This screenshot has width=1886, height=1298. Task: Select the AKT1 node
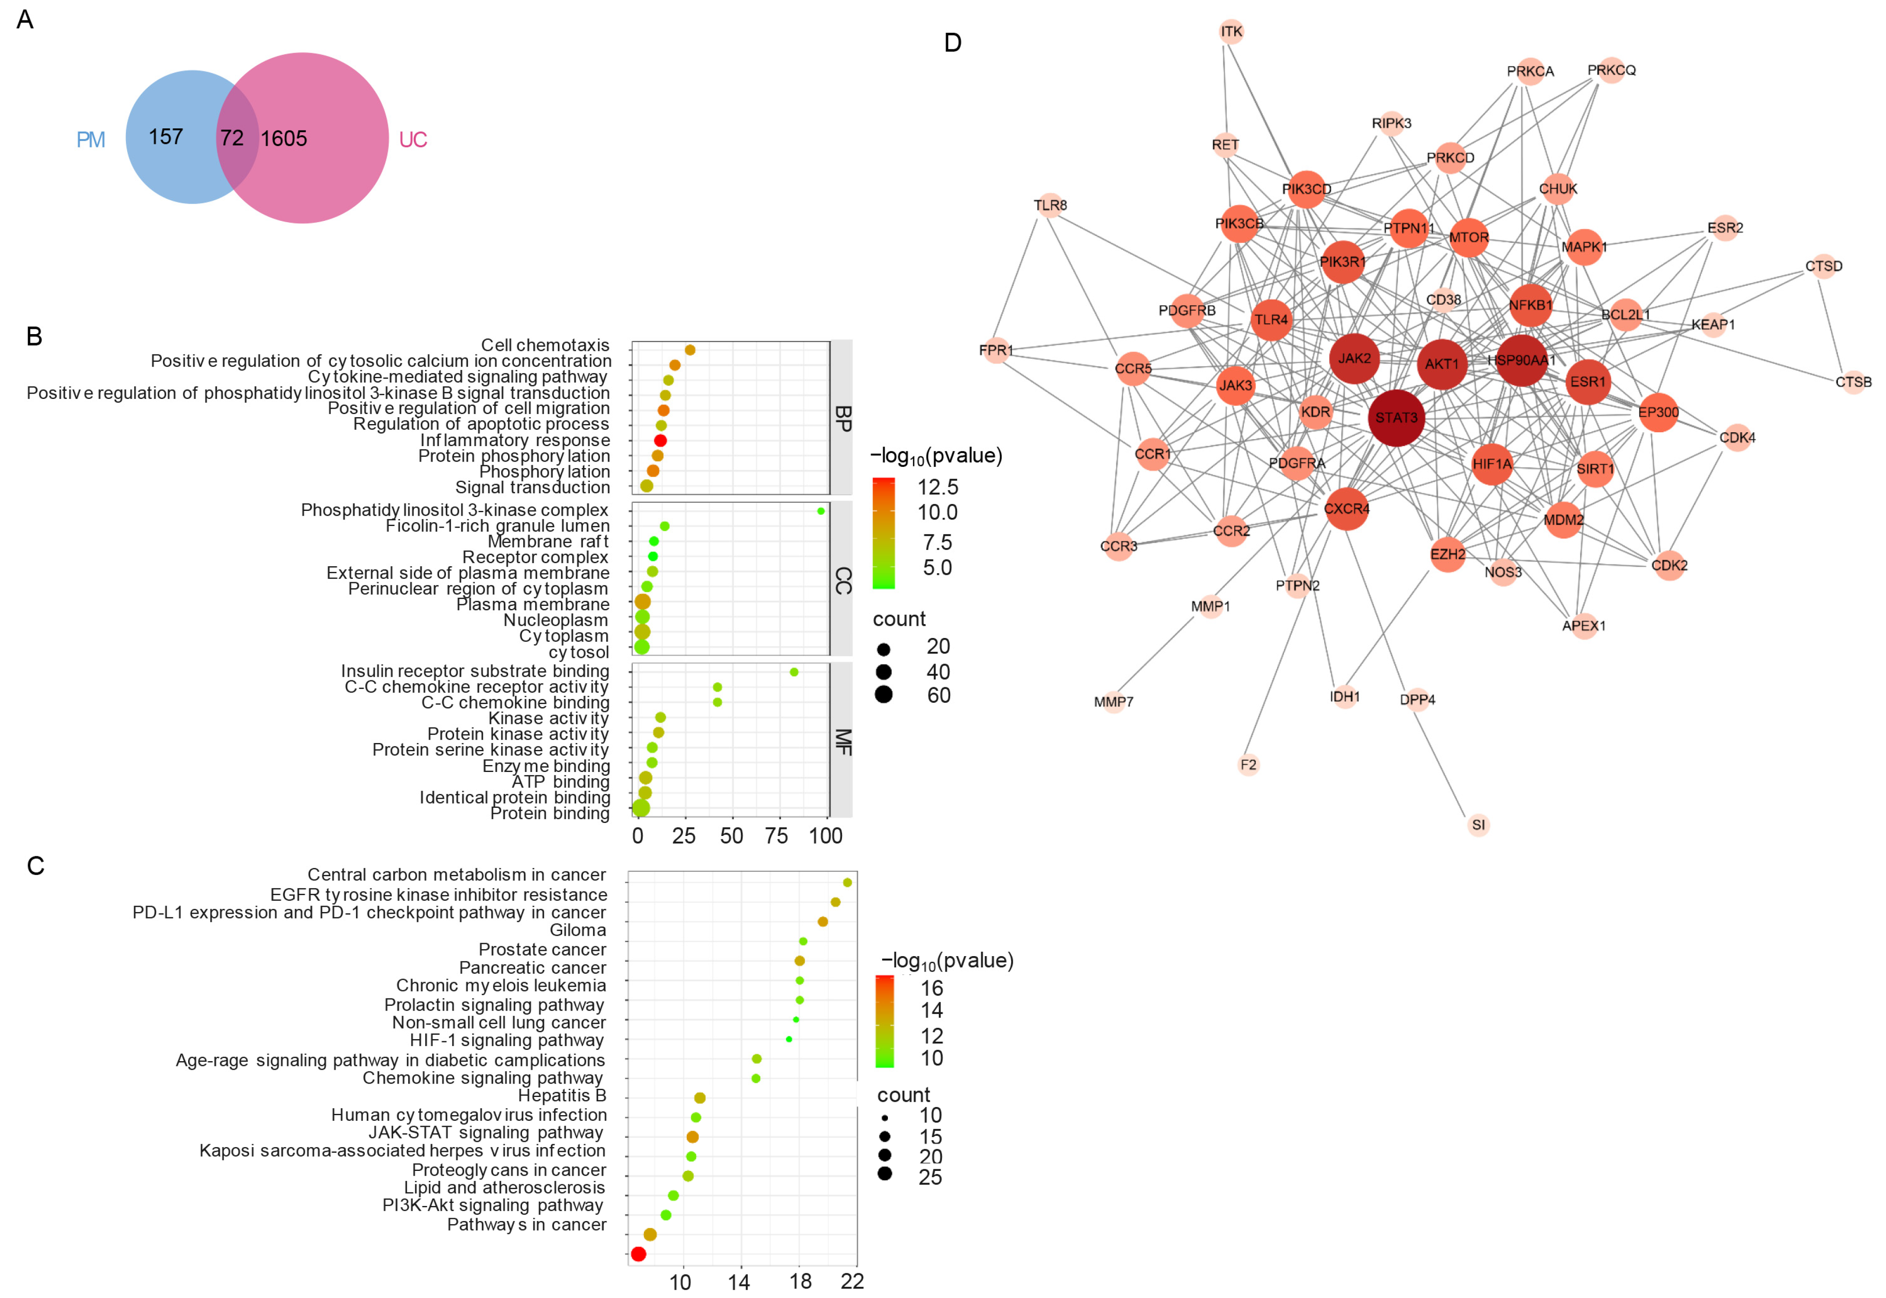coord(1442,364)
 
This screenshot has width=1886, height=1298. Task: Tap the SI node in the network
coord(1478,825)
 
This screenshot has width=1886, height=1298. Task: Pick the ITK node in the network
coord(1231,32)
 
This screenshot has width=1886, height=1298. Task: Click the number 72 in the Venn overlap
coord(232,138)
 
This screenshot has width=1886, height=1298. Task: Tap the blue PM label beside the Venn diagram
coord(90,140)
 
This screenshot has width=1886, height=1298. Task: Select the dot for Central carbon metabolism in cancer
coord(847,883)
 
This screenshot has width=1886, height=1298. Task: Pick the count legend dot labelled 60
coord(884,695)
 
